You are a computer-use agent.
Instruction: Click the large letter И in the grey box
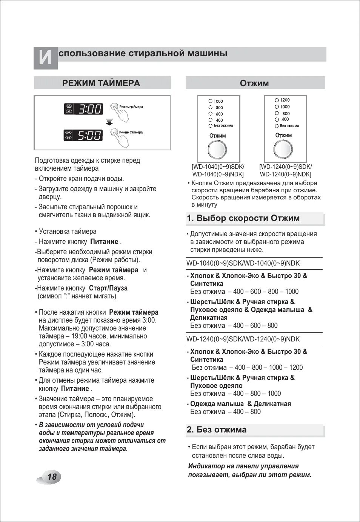coord(45,58)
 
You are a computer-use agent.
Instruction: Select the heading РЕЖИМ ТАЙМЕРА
coord(101,83)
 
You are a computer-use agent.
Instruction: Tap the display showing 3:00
coord(83,109)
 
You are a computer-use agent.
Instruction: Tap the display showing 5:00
coord(83,135)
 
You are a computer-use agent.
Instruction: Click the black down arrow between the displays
coord(109,122)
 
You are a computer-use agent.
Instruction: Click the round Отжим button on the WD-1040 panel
coord(217,150)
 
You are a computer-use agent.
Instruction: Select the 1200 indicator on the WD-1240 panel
coord(277,100)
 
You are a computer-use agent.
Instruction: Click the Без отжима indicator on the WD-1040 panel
coord(210,126)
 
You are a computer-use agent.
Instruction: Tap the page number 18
coord(52,477)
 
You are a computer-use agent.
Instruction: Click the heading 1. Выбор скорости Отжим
coord(243,218)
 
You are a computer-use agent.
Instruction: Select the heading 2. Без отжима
coord(216,430)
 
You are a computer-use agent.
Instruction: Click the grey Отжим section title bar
coord(255,83)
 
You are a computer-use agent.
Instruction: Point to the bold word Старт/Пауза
coord(108,288)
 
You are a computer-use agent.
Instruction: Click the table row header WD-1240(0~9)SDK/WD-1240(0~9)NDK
coord(243,339)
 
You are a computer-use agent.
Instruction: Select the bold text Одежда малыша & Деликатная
coord(240,404)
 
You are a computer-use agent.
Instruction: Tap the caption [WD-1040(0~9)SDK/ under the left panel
coord(218,167)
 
